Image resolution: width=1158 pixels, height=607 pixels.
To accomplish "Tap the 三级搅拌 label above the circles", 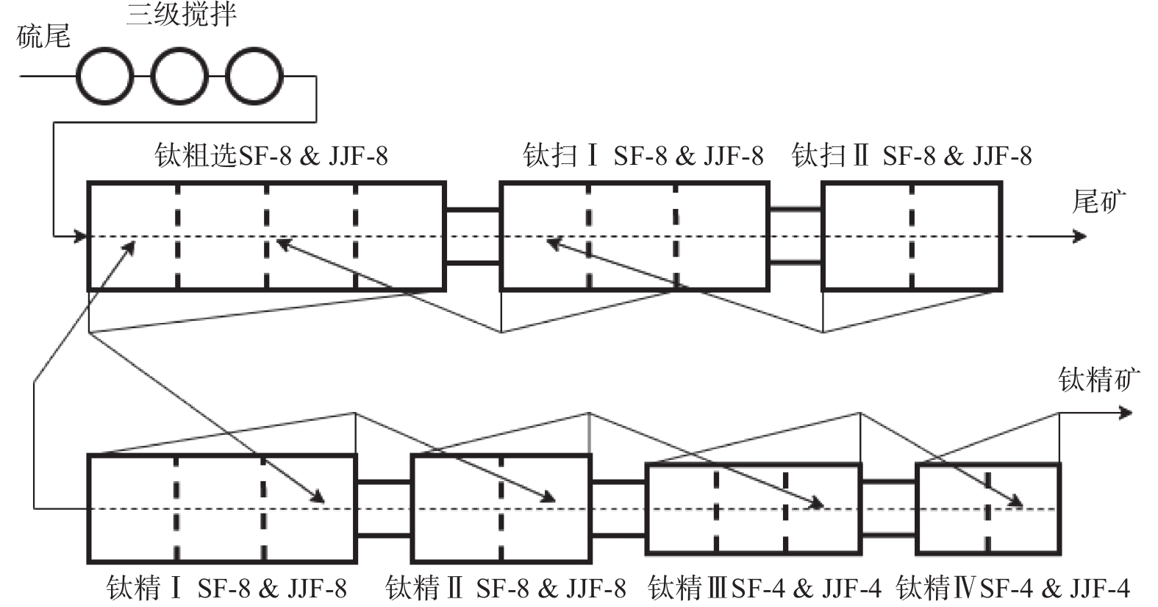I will click(x=181, y=14).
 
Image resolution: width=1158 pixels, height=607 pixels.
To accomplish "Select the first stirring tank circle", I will click(x=106, y=76).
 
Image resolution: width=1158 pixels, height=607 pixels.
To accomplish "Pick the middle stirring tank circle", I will click(x=179, y=76).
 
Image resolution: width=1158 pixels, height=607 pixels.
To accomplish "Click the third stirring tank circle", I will click(x=254, y=76).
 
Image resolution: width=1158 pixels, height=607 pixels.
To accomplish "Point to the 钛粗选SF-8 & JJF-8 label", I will click(x=271, y=156).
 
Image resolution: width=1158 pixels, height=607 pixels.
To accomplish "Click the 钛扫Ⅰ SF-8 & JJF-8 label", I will click(x=643, y=156).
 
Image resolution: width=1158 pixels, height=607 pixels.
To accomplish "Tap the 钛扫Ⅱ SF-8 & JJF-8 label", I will click(x=912, y=156).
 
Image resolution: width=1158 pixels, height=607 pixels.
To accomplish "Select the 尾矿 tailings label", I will click(x=1098, y=201).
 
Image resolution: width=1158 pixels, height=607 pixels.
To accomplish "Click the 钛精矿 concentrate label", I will click(x=1098, y=380).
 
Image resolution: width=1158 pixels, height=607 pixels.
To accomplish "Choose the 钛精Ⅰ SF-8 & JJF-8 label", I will click(x=226, y=589).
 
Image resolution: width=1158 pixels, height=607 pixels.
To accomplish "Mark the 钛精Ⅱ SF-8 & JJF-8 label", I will click(x=506, y=589).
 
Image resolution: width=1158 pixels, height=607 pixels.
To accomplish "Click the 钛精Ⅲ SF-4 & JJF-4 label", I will click(x=765, y=589).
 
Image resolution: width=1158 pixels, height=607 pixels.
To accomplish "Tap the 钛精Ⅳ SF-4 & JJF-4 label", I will click(x=1013, y=589).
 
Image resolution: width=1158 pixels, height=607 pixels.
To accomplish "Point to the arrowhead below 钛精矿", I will click(x=1126, y=413).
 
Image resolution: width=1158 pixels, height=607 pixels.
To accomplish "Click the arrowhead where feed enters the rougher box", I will click(x=82, y=236).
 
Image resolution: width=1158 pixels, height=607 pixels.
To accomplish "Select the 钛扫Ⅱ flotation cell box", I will click(x=912, y=236).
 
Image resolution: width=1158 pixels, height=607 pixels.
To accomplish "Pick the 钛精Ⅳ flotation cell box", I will click(x=987, y=508).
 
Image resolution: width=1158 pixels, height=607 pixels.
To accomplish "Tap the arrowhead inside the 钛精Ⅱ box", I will click(x=548, y=498).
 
